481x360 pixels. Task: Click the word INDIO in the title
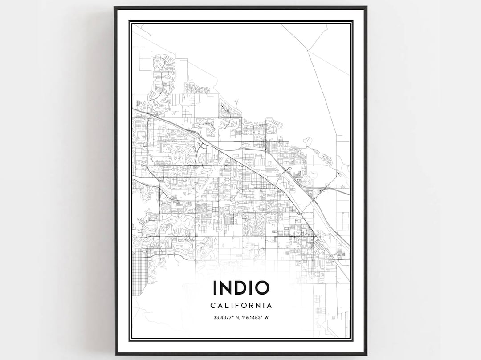pos(241,288)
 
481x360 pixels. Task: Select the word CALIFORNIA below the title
pos(241,306)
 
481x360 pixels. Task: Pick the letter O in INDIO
pos(262,288)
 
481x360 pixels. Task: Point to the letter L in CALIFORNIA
pos(226,306)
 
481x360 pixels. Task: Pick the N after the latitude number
pos(236,318)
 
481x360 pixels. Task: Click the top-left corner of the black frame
pos(114,7)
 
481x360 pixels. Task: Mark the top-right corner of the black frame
pos(366,7)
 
